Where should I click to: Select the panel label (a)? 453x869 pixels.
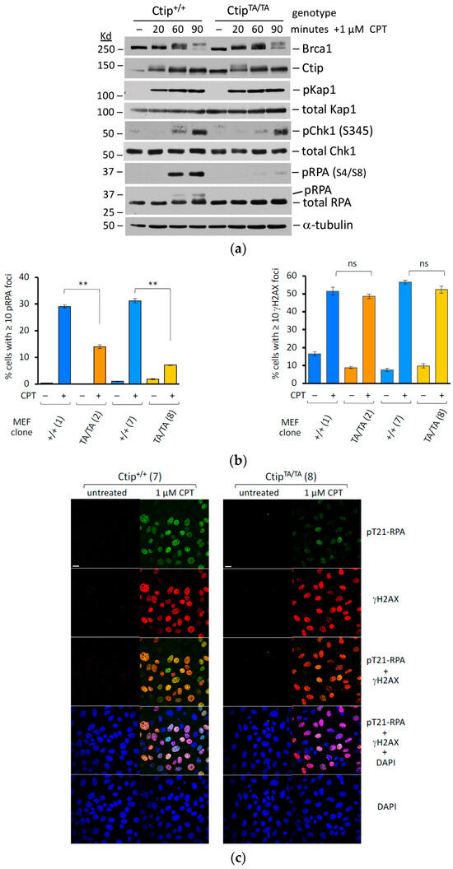[226, 244]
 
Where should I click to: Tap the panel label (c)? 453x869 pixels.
[226, 857]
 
